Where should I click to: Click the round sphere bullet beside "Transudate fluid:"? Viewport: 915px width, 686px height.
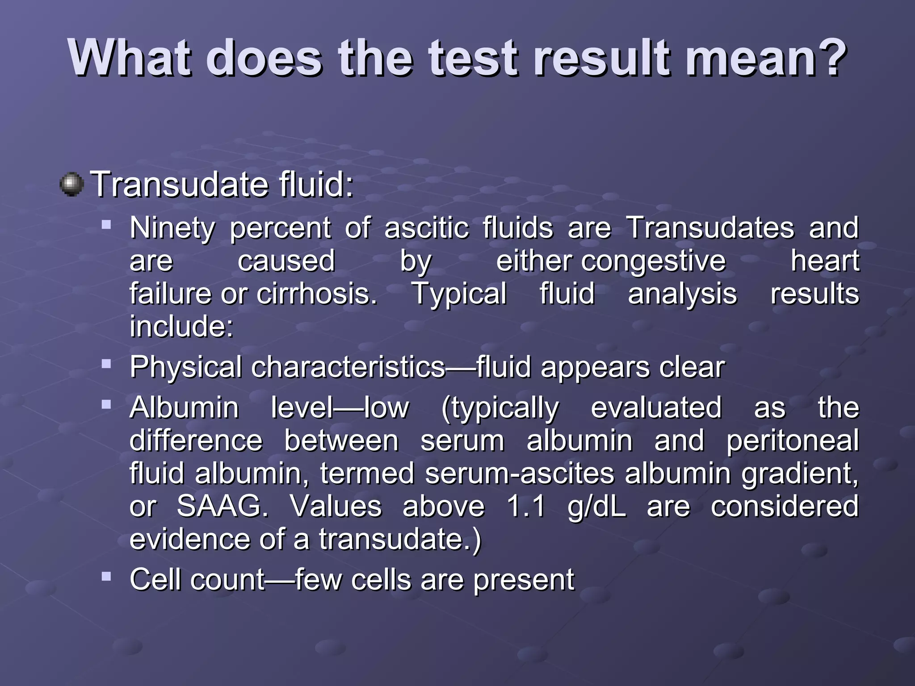pyautogui.click(x=71, y=185)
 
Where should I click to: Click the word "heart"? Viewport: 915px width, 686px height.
pyautogui.click(x=825, y=261)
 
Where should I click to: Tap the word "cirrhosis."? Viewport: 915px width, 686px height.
pyautogui.click(x=317, y=294)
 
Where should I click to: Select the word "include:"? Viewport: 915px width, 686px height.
pyautogui.click(x=181, y=326)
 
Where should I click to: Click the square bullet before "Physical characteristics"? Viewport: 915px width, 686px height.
pyautogui.click(x=106, y=364)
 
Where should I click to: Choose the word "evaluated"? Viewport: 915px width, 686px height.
pyautogui.click(x=656, y=408)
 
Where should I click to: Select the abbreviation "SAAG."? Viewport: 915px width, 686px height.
pyautogui.click(x=222, y=506)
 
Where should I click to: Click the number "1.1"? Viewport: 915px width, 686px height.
pyautogui.click(x=526, y=506)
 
